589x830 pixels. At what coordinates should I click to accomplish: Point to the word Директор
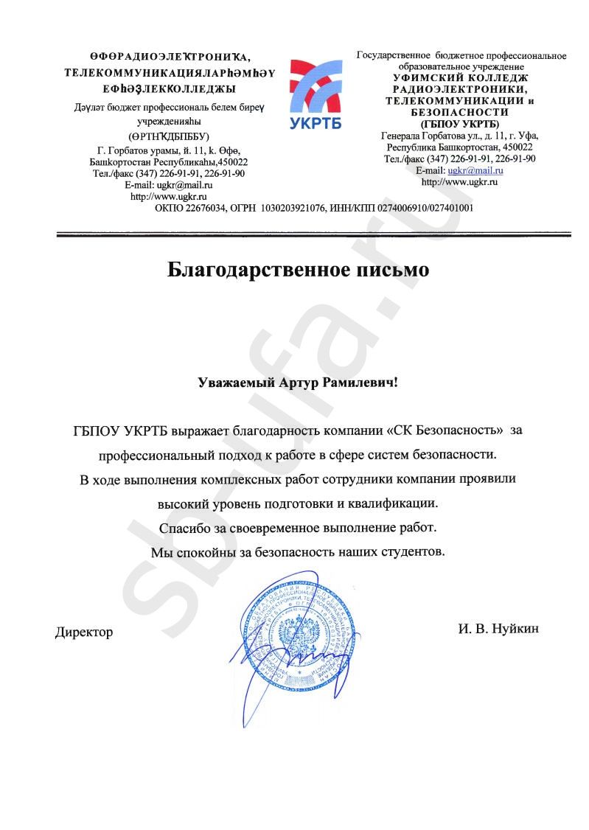84,632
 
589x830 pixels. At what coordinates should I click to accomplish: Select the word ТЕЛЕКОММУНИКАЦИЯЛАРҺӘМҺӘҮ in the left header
170,73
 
